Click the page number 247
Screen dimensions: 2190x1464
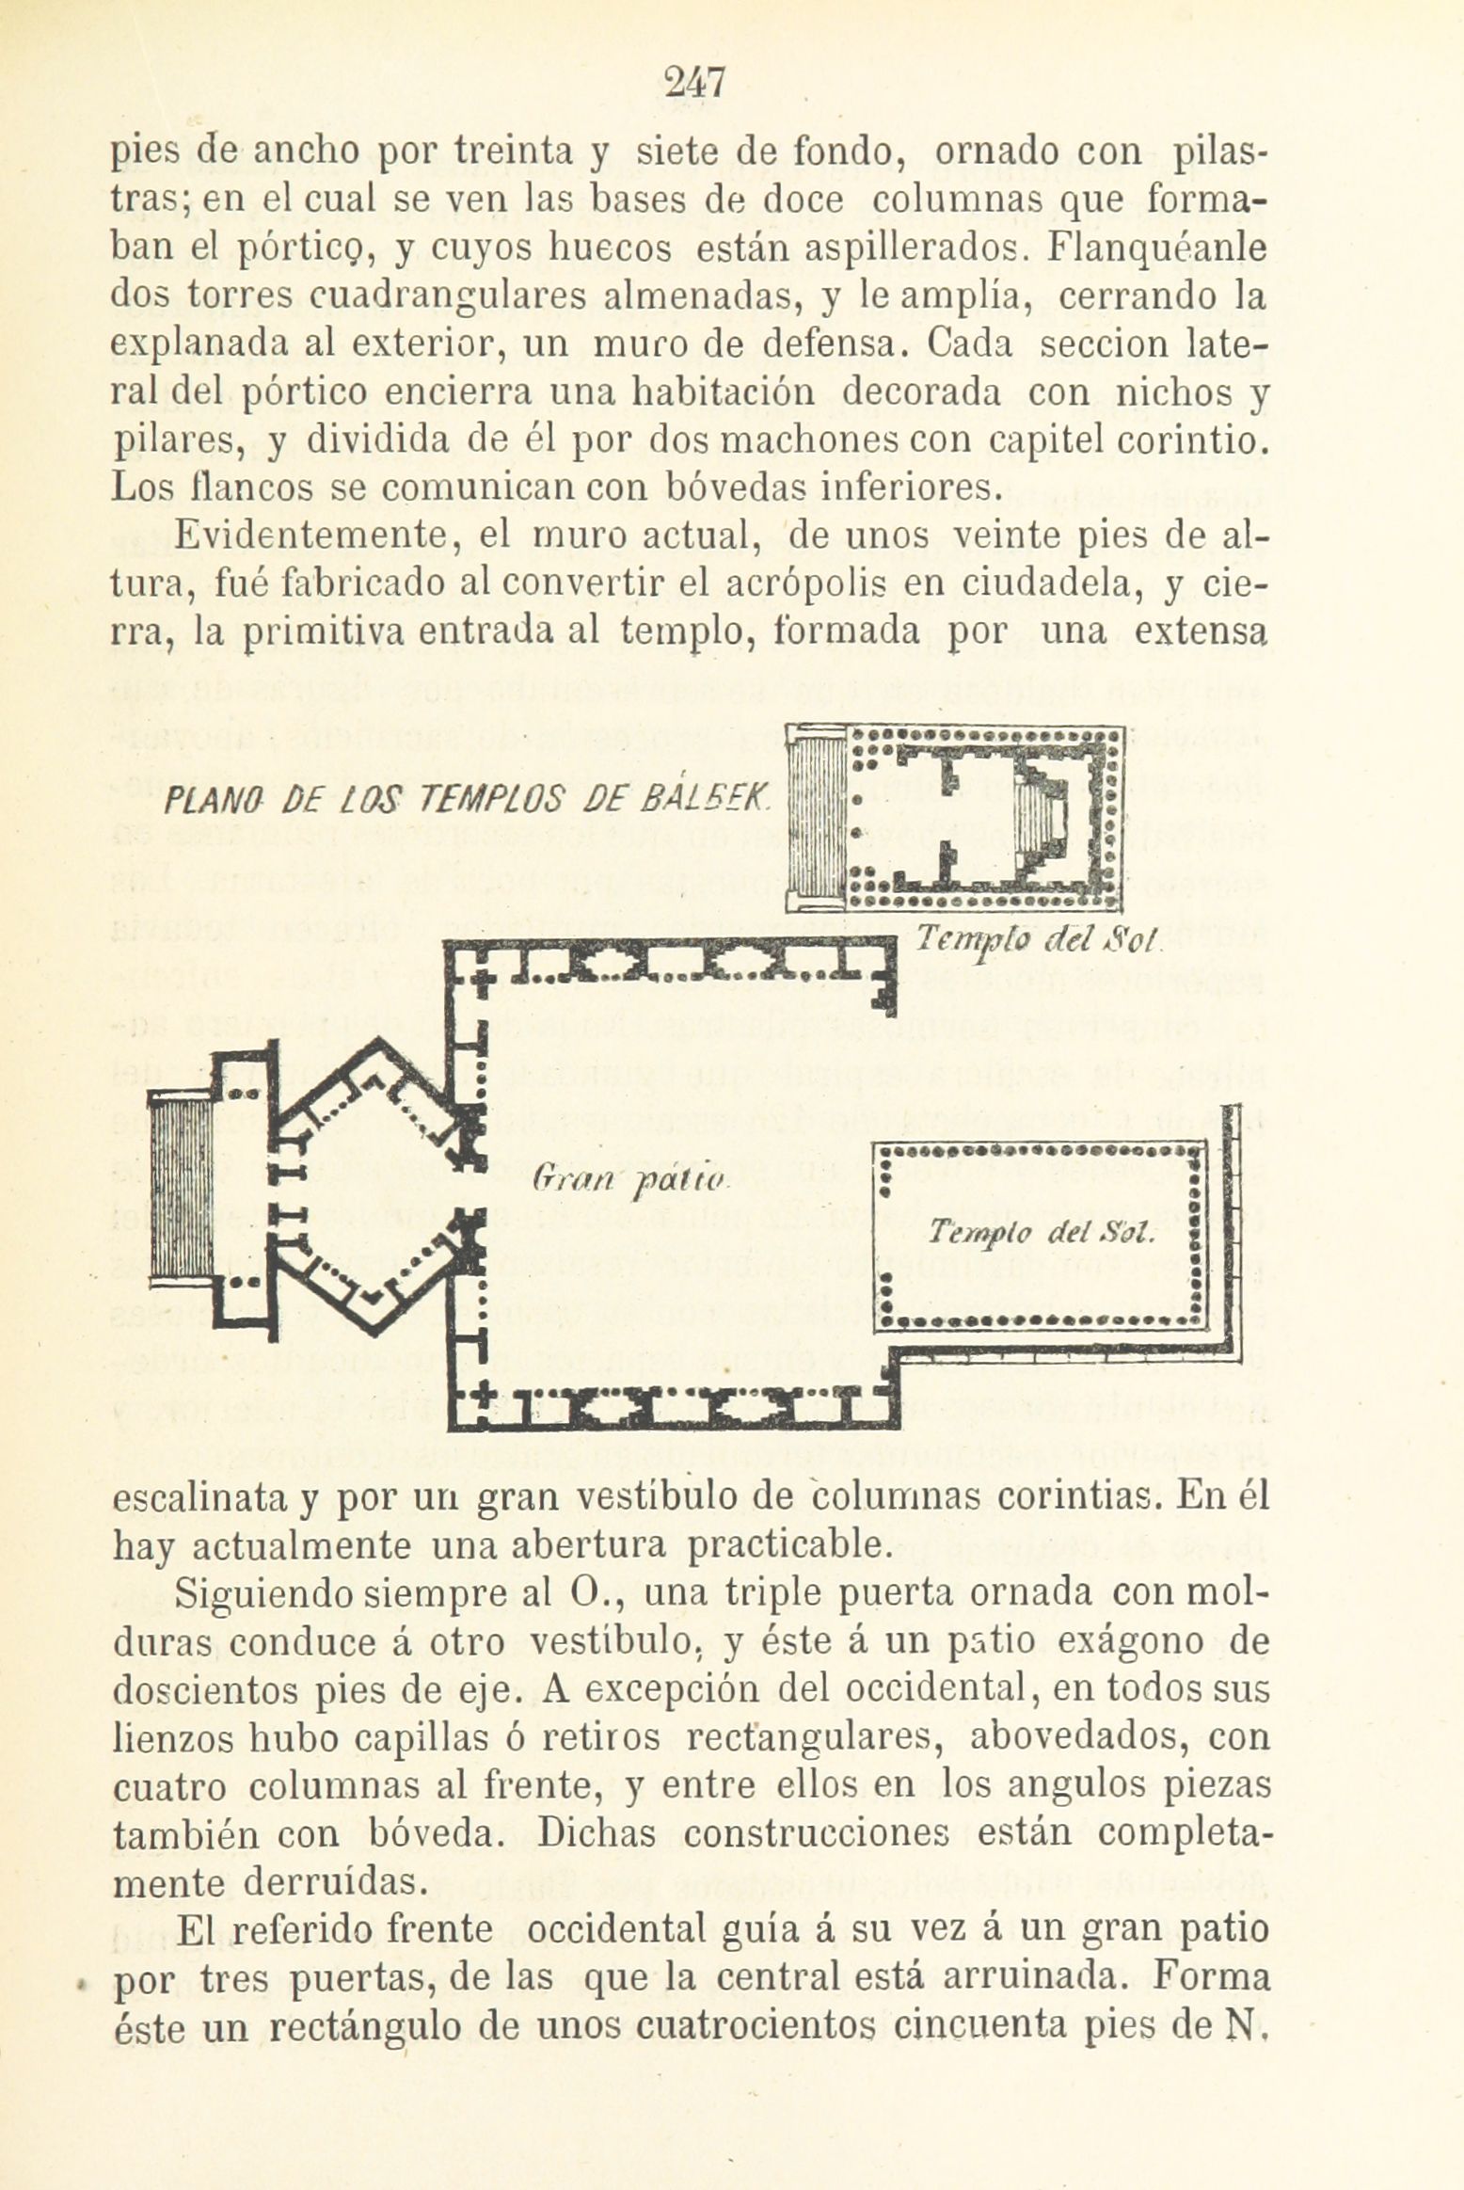pos(694,84)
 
